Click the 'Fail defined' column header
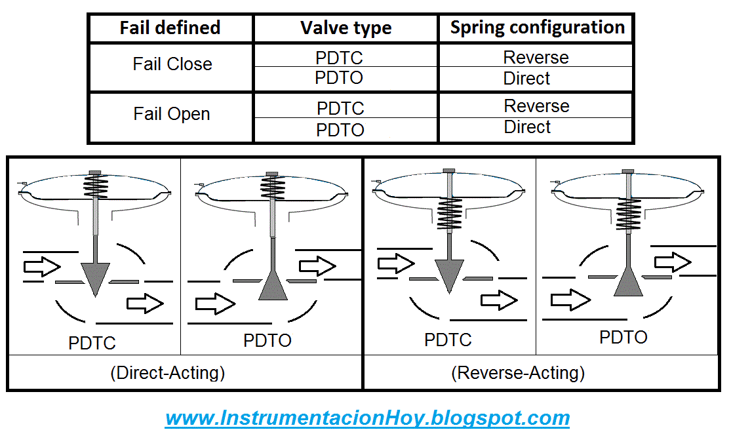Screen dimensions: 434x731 (x=170, y=28)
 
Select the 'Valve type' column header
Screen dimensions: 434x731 (x=346, y=28)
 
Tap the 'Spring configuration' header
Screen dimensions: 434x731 (x=537, y=28)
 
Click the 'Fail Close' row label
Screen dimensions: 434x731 (x=172, y=64)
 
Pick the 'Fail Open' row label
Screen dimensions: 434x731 (x=172, y=114)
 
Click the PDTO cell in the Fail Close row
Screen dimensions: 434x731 (x=339, y=78)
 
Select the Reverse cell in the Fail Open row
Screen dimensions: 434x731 (x=536, y=106)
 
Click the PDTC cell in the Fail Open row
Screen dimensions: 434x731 (x=340, y=108)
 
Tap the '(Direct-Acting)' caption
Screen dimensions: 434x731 (x=168, y=373)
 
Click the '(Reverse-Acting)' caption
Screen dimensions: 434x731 (x=518, y=373)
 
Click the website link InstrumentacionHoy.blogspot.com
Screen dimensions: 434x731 (x=367, y=418)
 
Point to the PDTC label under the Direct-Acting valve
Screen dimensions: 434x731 (x=92, y=343)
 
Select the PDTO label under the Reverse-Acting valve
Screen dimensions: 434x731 (x=623, y=337)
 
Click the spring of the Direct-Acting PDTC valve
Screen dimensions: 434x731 (x=96, y=186)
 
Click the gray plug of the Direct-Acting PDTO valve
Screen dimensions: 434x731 (x=273, y=286)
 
